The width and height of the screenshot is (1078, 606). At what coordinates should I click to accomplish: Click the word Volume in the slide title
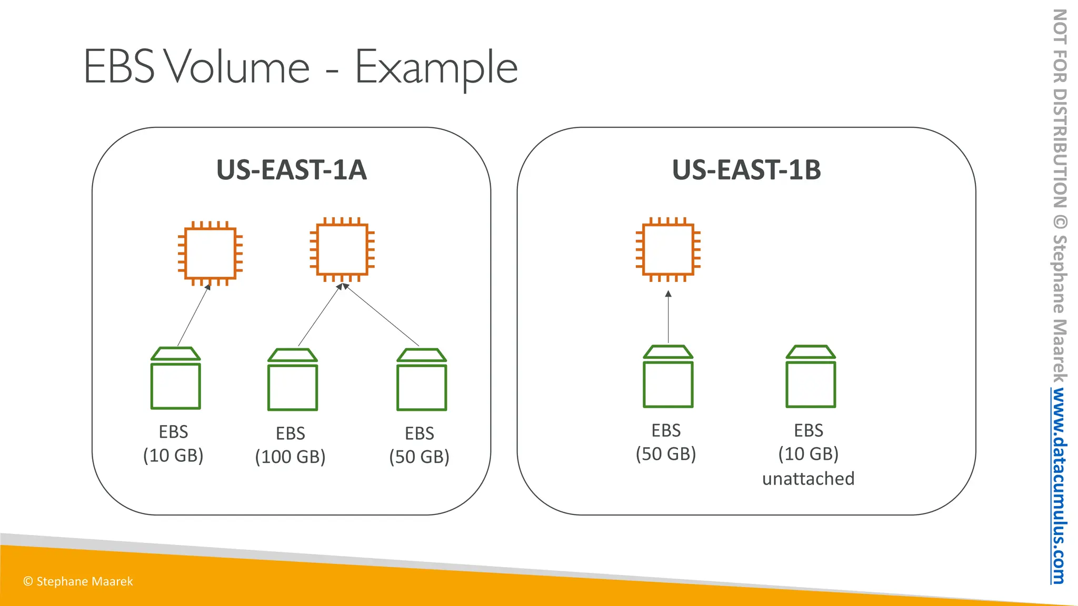tap(237, 67)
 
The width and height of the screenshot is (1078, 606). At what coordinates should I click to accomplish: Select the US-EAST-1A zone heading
tap(291, 170)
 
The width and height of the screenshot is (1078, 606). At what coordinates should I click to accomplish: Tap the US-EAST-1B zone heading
tap(746, 170)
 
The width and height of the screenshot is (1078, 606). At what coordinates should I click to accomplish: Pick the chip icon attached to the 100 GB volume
tap(342, 249)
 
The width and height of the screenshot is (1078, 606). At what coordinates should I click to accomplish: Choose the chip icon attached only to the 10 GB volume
tap(210, 254)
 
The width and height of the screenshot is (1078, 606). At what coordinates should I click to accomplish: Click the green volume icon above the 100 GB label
tap(293, 379)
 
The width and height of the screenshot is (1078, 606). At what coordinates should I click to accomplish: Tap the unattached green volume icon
tap(811, 376)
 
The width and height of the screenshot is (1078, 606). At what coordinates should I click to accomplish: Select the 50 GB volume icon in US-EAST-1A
tap(422, 379)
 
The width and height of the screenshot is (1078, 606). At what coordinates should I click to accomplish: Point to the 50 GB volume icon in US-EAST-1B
tap(668, 376)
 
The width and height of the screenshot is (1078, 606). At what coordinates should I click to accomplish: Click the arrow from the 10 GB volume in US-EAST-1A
tap(194, 315)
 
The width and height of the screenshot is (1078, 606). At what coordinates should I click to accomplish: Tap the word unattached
tap(808, 479)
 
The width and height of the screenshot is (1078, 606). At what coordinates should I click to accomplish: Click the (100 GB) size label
tap(290, 457)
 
